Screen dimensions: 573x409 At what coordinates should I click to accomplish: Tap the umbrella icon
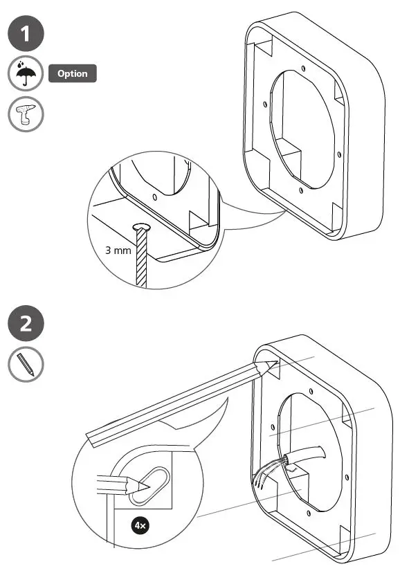(26, 74)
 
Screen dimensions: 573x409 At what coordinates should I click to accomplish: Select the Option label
(72, 74)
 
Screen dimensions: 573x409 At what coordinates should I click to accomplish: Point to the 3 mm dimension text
(118, 251)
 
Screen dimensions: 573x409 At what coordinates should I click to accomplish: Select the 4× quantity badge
(140, 526)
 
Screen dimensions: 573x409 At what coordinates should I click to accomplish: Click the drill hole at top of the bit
(143, 228)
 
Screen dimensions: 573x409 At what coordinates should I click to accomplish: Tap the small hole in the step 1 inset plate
(154, 197)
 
